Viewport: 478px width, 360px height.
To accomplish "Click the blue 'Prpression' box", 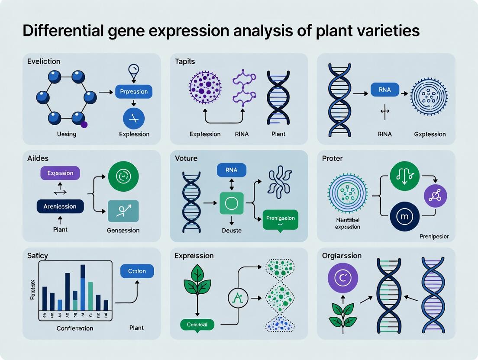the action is pyautogui.click(x=134, y=92).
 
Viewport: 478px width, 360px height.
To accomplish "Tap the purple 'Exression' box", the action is pyautogui.click(x=60, y=173).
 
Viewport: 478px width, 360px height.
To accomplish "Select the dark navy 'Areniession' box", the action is pyautogui.click(x=60, y=206).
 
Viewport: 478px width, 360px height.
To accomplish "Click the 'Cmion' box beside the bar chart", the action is pyautogui.click(x=137, y=271).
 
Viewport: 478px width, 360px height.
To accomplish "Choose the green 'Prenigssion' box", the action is pyautogui.click(x=281, y=218).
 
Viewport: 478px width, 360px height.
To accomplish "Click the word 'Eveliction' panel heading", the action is pyautogui.click(x=43, y=61).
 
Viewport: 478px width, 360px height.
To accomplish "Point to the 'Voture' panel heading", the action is pyautogui.click(x=186, y=158).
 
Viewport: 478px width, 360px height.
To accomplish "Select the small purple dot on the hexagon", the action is pyautogui.click(x=84, y=125).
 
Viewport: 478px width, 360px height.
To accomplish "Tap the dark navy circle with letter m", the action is pyautogui.click(x=404, y=216).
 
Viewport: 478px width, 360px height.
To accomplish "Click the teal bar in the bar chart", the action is pyautogui.click(x=90, y=296).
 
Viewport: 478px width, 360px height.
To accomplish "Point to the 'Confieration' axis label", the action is pyautogui.click(x=75, y=328).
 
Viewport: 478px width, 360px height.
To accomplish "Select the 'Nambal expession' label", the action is pyautogui.click(x=348, y=224).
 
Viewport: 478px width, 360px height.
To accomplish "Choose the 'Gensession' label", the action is pyautogui.click(x=123, y=230).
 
